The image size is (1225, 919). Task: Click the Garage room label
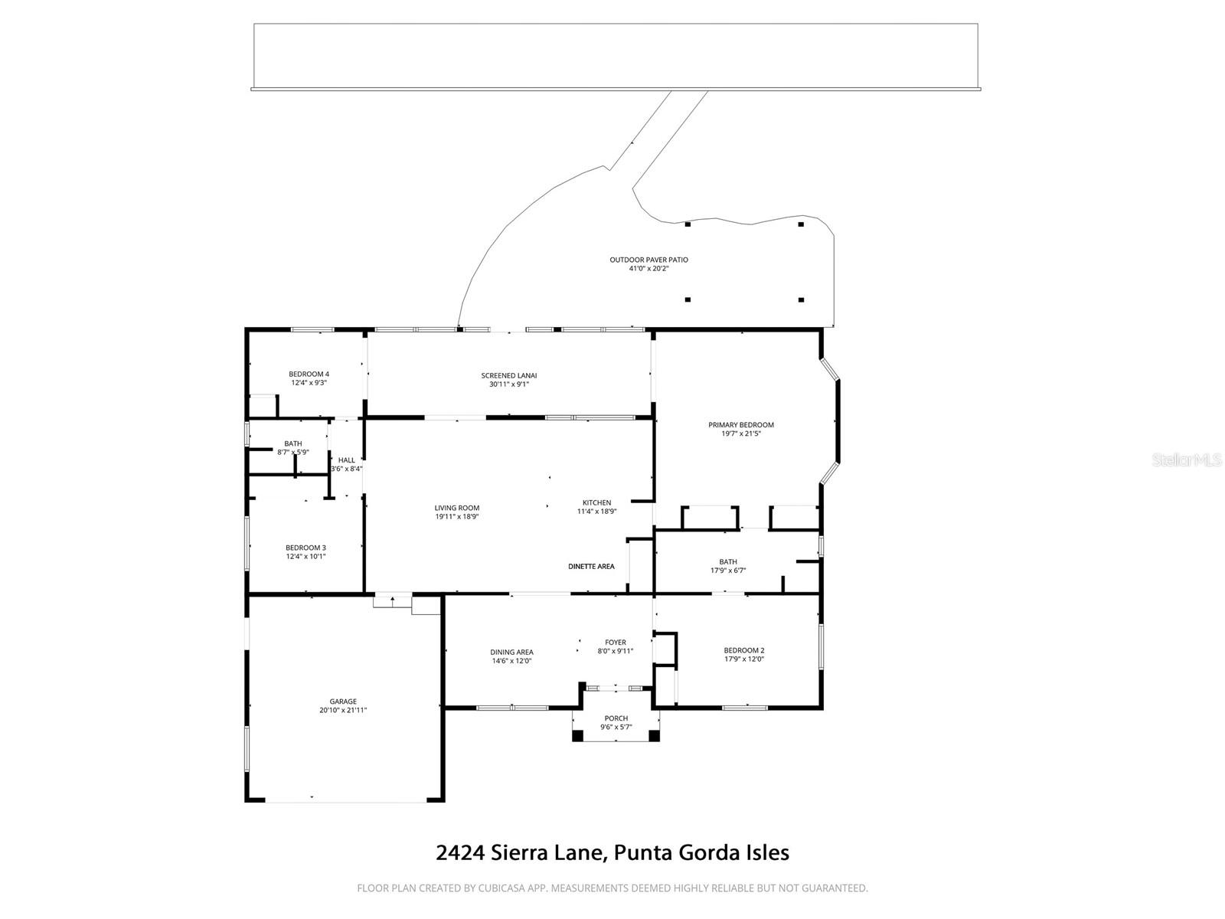coord(343,702)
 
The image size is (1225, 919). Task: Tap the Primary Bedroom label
coord(740,425)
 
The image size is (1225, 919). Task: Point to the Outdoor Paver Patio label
coord(648,260)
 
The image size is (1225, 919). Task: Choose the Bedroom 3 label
coord(305,548)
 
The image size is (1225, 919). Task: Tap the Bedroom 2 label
coord(743,650)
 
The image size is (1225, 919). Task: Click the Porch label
coord(616,718)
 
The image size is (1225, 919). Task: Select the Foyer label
coord(615,643)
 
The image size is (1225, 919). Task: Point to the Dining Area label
coord(511,652)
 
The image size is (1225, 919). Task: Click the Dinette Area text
coord(591,567)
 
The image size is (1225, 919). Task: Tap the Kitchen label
coord(596,502)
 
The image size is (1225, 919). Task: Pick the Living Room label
coord(456,508)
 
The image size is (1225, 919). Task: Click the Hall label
coord(346,460)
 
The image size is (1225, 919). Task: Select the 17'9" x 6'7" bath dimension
coord(727,571)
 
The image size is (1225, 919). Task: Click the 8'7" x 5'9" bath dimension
coord(292,453)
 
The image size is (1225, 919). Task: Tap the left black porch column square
coord(578,735)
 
